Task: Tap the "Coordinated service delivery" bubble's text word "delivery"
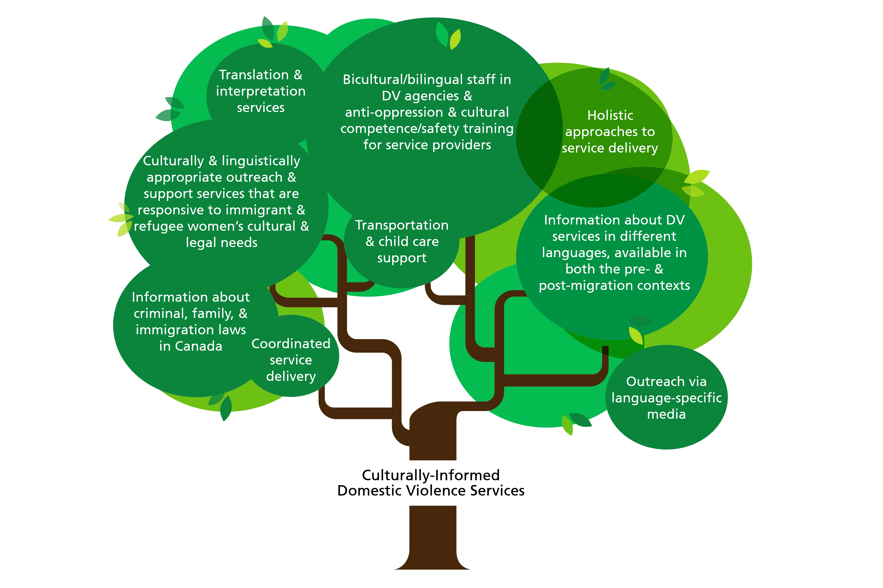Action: tap(291, 377)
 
